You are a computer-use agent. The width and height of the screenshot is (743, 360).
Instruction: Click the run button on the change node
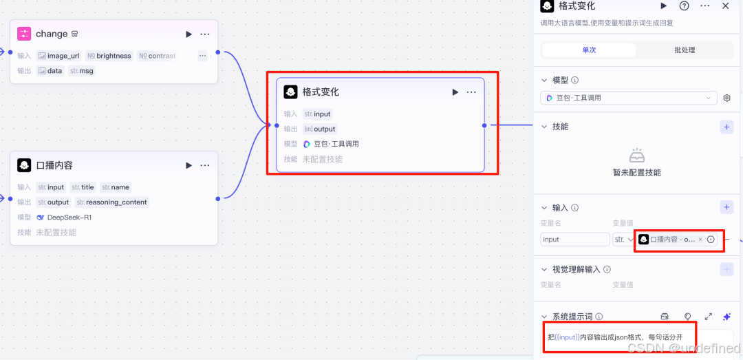click(x=189, y=34)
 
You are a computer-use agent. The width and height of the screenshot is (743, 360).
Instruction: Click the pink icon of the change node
click(x=24, y=34)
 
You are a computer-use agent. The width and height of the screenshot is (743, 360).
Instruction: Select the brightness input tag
click(x=109, y=56)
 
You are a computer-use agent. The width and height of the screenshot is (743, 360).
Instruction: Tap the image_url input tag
click(x=58, y=56)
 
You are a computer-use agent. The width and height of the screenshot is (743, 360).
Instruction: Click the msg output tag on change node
click(x=81, y=71)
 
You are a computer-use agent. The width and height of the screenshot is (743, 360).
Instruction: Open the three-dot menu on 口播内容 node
click(x=205, y=165)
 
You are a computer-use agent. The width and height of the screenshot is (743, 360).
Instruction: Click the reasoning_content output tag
click(x=112, y=202)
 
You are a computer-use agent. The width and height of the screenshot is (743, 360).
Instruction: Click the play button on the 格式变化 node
click(x=455, y=92)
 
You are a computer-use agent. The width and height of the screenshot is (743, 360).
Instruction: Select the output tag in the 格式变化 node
click(x=320, y=129)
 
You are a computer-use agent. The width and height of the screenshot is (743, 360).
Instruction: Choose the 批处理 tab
click(x=685, y=50)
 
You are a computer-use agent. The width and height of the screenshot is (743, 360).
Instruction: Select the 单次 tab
click(x=589, y=50)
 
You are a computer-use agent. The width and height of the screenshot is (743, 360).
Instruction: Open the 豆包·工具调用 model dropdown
click(x=628, y=98)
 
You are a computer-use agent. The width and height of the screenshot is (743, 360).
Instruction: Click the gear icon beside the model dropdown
click(x=727, y=98)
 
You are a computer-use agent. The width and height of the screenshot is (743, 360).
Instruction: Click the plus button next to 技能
click(x=726, y=127)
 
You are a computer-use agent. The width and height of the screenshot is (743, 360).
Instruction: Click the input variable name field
click(x=574, y=240)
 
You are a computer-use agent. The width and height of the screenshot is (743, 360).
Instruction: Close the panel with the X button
click(x=726, y=6)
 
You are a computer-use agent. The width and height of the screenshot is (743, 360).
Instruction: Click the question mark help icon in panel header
click(x=685, y=6)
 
